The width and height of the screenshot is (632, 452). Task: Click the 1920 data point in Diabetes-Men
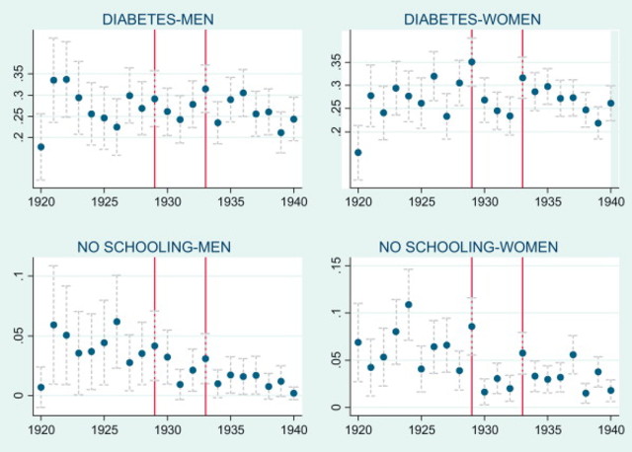pos(40,147)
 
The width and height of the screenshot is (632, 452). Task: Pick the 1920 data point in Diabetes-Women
pos(357,152)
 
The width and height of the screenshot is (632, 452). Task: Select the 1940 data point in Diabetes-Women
pos(610,103)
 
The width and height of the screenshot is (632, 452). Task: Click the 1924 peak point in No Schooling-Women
pos(408,305)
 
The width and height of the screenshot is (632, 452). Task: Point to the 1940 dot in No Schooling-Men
pos(293,394)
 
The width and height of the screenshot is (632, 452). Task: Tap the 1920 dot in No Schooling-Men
pos(40,388)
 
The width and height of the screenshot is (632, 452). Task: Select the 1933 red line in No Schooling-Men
pos(205,336)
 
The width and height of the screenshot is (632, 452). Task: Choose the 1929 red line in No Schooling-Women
pos(472,336)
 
